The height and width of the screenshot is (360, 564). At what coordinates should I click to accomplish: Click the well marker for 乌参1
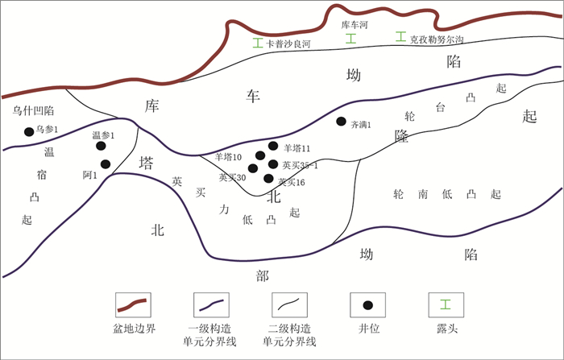point(29,131)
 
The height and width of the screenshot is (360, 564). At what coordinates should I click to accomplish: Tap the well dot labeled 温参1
point(101,146)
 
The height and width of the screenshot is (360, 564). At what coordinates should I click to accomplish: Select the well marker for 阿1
point(106,164)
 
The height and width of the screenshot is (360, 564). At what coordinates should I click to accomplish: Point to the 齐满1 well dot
point(341,122)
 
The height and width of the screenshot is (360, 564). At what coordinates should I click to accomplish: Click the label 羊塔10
point(229,157)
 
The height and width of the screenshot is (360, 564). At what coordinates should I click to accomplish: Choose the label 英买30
point(232,177)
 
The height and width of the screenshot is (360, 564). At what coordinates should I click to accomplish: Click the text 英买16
point(291,183)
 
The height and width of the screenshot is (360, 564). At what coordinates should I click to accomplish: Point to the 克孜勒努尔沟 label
point(437,38)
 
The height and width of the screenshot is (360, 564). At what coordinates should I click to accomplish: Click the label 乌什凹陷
point(33,110)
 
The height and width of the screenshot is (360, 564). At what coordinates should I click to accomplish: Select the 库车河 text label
point(355,25)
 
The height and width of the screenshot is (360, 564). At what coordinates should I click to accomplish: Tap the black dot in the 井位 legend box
point(368,304)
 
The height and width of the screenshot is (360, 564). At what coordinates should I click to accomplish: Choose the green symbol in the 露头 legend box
point(444,304)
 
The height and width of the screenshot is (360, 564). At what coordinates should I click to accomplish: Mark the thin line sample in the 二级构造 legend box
point(290,304)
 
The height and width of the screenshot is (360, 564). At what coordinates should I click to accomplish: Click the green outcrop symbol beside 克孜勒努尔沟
point(400,37)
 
